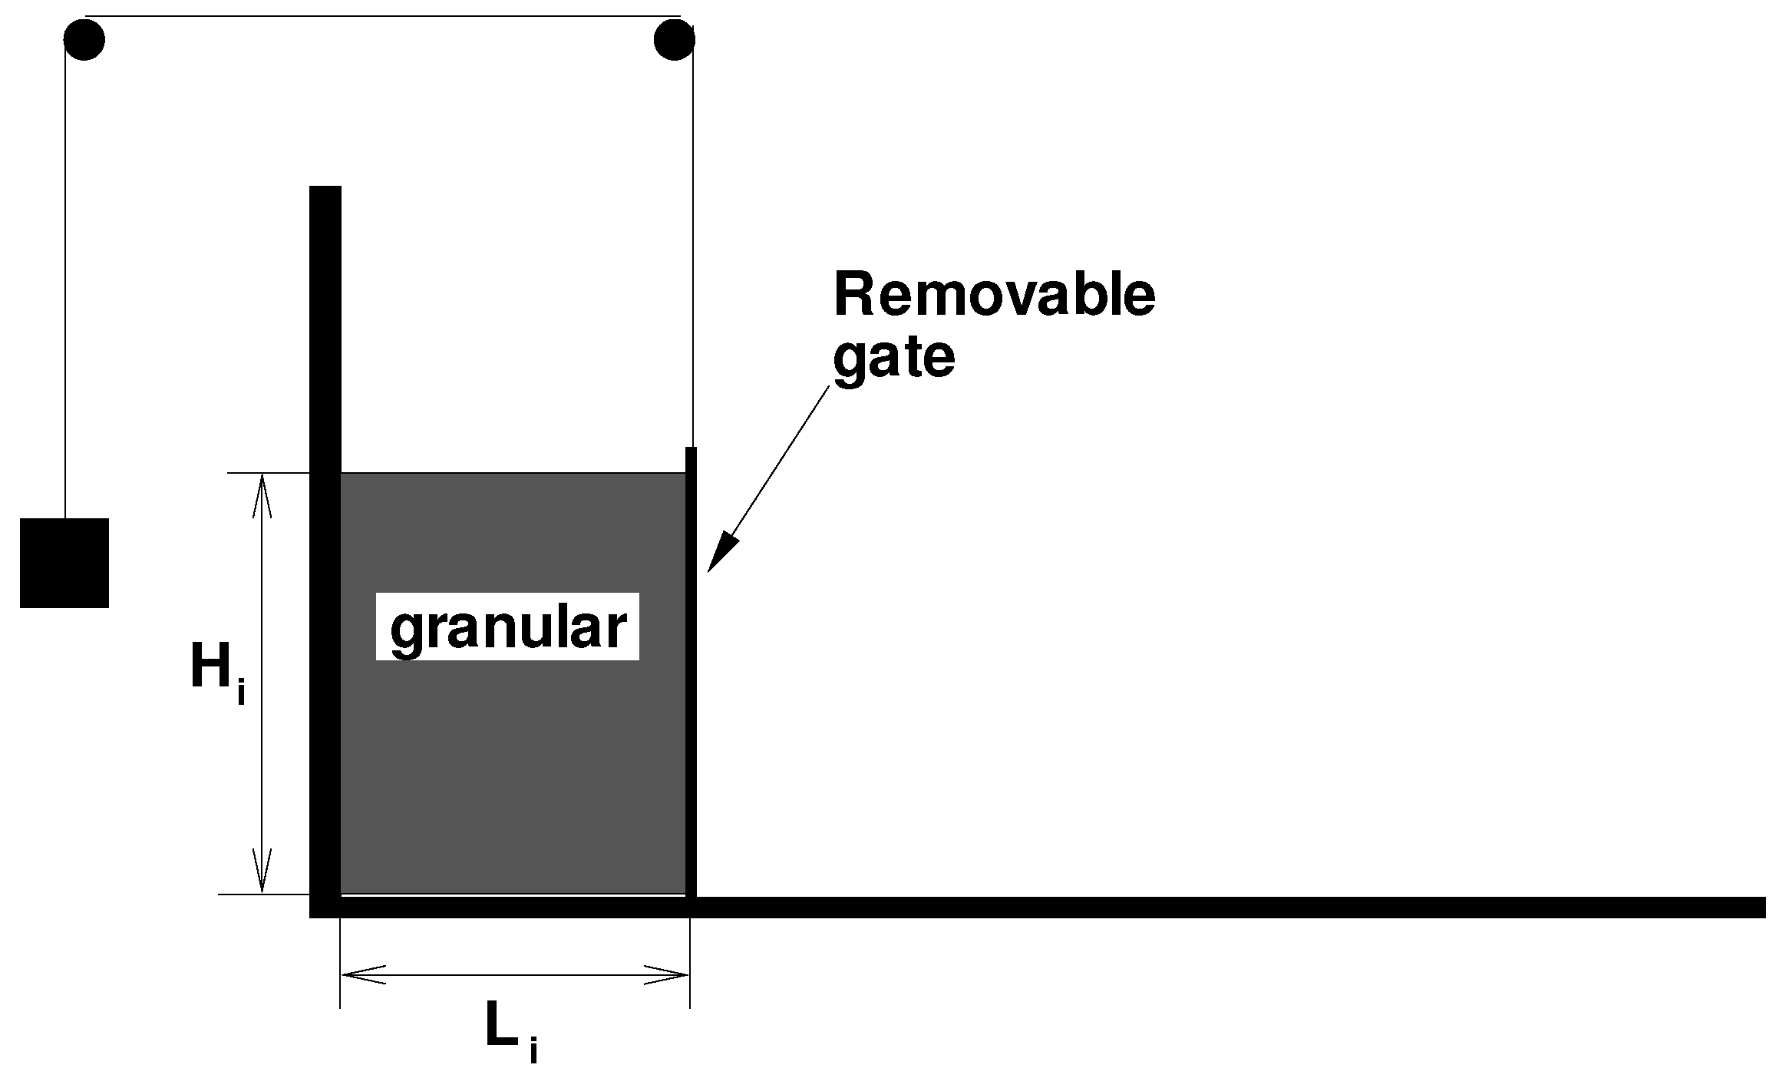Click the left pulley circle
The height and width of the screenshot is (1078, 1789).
[84, 40]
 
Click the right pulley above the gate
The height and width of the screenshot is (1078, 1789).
[675, 40]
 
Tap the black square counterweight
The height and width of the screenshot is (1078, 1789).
[64, 563]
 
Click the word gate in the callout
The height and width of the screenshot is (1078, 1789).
[893, 358]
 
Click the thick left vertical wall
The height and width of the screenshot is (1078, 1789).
[325, 537]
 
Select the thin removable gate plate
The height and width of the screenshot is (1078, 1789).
[691, 691]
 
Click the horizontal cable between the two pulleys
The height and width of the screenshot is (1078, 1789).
[384, 16]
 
